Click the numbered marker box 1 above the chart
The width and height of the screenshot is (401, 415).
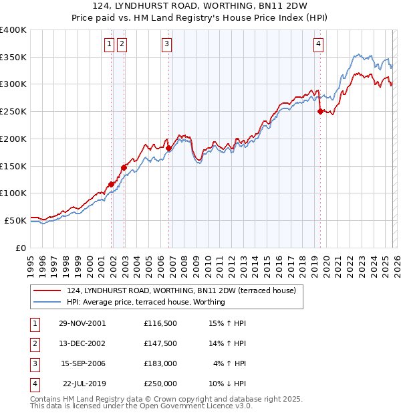109,45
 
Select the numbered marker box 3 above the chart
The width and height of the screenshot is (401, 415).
166,45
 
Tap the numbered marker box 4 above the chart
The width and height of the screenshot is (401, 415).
318,45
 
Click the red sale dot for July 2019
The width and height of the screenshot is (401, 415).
320,111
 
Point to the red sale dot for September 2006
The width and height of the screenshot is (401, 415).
168,148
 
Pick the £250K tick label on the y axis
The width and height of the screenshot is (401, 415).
13,111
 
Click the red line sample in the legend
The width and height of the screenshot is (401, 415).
47,290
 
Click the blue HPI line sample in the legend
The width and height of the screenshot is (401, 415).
47,302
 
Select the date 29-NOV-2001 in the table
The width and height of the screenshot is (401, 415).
82,323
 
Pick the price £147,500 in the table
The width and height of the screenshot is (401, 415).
160,343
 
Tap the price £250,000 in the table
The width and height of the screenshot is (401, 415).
160,384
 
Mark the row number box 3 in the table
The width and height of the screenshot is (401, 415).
33,363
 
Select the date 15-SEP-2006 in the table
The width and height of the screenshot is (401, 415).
83,363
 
